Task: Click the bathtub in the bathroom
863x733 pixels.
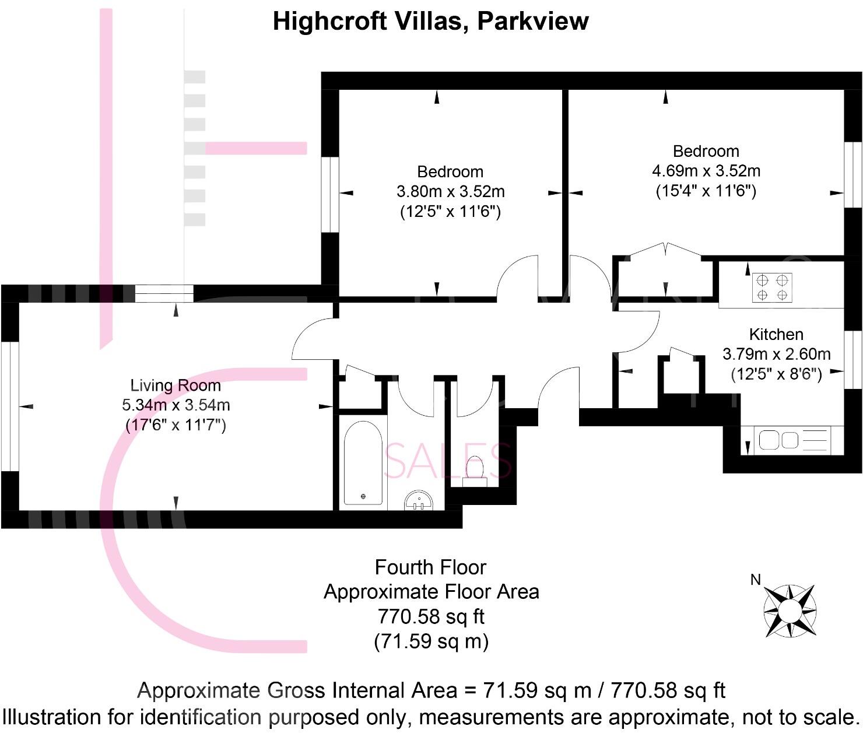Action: (363, 464)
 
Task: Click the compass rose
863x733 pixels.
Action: (790, 611)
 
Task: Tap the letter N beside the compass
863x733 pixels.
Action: (756, 580)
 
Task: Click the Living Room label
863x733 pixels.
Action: (176, 385)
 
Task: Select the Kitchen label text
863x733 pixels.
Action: (776, 335)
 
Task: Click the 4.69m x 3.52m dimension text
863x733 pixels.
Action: (706, 171)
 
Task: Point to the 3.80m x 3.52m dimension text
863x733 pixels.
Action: (450, 191)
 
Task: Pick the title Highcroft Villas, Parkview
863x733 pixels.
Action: (431, 22)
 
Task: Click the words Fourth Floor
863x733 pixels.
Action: (430, 567)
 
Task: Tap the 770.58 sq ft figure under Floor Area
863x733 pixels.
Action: (431, 616)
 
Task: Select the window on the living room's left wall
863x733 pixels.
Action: (10, 406)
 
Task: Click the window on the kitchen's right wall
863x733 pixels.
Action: (853, 359)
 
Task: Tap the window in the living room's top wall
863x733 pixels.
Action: (164, 293)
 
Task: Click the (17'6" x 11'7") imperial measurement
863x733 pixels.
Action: (176, 425)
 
